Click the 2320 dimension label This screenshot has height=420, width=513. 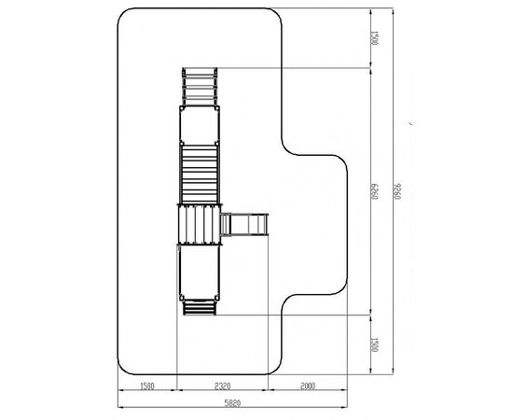click(223, 386)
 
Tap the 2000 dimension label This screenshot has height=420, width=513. click(308, 386)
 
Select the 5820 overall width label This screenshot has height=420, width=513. click(232, 403)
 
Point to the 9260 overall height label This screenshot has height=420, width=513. click(397, 191)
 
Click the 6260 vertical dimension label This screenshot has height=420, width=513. click(375, 191)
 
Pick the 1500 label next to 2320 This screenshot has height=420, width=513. click(146, 386)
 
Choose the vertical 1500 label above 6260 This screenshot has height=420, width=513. click(375, 38)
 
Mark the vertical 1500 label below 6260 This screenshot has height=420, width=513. click(375, 344)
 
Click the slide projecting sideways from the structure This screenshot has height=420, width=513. click(244, 224)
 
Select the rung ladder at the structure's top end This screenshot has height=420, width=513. click(200, 87)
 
